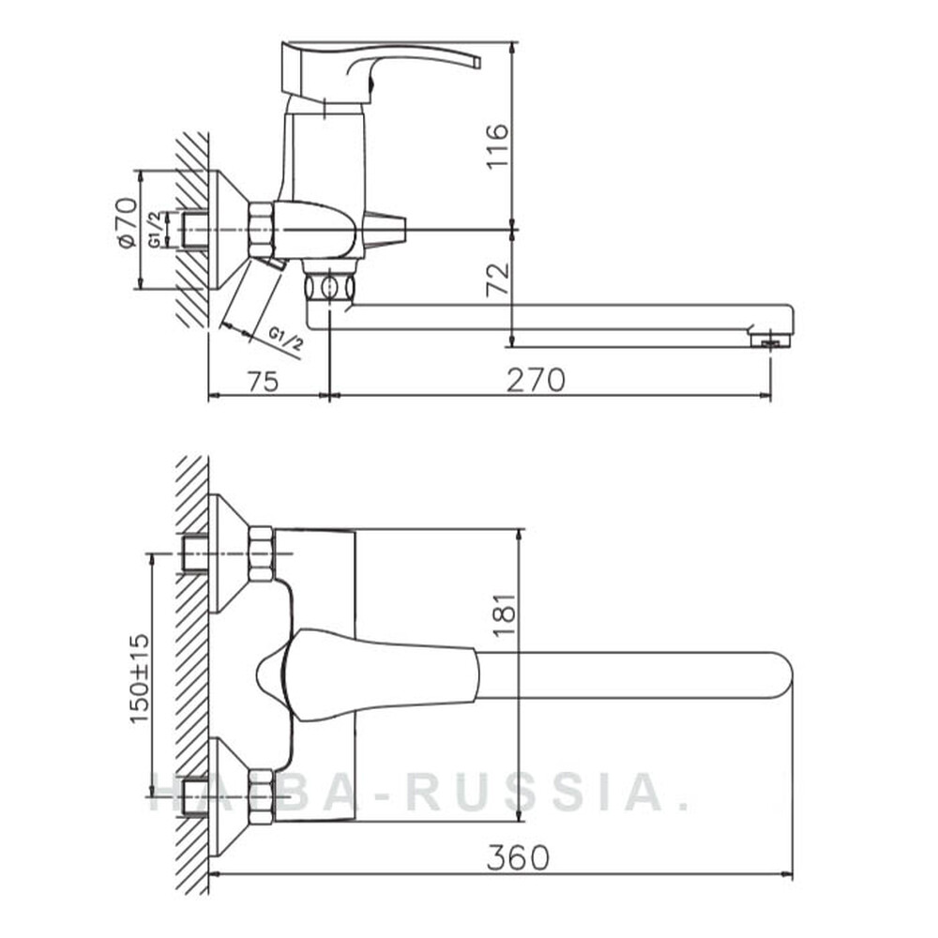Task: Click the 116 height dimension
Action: (497, 146)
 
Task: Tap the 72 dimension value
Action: (498, 280)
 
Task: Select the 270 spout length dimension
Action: (536, 381)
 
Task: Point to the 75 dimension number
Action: (263, 382)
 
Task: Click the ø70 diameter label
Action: (127, 222)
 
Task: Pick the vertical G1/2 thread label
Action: (155, 230)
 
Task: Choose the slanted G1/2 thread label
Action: (286, 340)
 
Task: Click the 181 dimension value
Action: (505, 614)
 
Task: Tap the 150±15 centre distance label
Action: (140, 678)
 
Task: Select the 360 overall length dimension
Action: (518, 858)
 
